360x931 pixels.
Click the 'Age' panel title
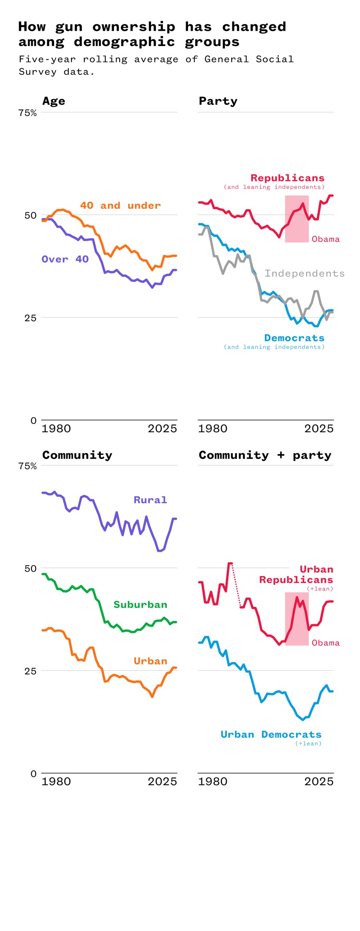pyautogui.click(x=54, y=101)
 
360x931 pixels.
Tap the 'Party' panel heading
pyautogui.click(x=218, y=101)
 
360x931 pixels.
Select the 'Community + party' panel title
pyautogui.click(x=265, y=455)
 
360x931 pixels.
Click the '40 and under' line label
pyautogui.click(x=120, y=205)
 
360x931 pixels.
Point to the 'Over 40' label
pyautogui.click(x=65, y=259)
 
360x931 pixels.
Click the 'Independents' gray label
pyautogui.click(x=304, y=273)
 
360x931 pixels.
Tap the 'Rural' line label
pyautogui.click(x=150, y=500)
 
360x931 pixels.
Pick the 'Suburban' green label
pyautogui.click(x=140, y=604)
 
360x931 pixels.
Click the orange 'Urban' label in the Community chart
pyautogui.click(x=150, y=661)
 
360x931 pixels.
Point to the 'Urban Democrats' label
pyautogui.click(x=271, y=734)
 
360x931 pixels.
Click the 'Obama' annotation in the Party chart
pyautogui.click(x=326, y=239)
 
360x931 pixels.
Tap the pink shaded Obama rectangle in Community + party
pyautogui.click(x=296, y=619)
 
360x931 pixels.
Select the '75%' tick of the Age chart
pyautogui.click(x=27, y=113)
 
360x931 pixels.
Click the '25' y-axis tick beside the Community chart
pyautogui.click(x=30, y=671)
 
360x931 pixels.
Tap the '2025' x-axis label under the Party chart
pyautogui.click(x=318, y=428)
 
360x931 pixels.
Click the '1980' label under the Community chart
pyautogui.click(x=56, y=781)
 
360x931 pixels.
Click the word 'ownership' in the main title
pyautogui.click(x=134, y=26)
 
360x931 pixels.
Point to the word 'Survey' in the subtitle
pyautogui.click(x=38, y=72)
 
